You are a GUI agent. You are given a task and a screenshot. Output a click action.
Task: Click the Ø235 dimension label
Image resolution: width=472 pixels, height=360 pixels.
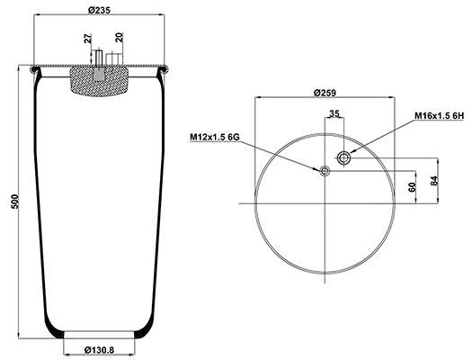click(99, 10)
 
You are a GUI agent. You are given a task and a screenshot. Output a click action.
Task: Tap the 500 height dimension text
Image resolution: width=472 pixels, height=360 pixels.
click(14, 202)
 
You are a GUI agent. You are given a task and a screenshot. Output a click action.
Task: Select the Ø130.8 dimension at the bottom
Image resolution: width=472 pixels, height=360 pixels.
click(99, 350)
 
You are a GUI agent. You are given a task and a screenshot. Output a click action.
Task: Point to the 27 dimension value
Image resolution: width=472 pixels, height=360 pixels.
click(88, 39)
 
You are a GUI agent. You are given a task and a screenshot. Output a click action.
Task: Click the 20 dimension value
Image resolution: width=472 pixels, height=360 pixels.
click(120, 38)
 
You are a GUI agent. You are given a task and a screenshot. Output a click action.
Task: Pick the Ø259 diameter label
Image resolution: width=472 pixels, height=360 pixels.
click(325, 93)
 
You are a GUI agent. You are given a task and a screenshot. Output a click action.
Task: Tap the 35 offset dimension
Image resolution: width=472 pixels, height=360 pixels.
click(334, 113)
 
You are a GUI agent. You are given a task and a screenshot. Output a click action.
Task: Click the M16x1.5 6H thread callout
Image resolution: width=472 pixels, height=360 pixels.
click(440, 116)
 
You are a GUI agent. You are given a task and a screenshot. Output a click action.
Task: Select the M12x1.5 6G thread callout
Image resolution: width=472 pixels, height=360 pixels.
click(215, 137)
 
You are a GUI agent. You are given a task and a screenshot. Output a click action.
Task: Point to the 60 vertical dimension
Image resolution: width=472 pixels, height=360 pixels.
click(412, 187)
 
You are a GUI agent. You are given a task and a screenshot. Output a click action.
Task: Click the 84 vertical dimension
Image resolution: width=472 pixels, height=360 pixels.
click(433, 180)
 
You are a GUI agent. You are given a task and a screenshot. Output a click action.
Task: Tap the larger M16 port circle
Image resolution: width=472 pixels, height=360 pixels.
click(343, 157)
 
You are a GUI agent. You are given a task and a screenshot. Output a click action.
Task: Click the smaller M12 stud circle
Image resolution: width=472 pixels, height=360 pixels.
click(325, 171)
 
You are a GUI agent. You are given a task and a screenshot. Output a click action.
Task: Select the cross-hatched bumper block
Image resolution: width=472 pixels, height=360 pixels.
click(99, 81)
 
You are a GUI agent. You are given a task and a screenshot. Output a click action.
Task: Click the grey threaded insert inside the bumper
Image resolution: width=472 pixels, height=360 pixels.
click(99, 74)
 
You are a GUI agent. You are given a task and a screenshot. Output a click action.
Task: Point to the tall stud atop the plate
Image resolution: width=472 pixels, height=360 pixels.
click(99, 58)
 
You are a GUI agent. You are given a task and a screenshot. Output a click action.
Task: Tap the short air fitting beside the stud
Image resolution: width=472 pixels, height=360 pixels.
click(114, 58)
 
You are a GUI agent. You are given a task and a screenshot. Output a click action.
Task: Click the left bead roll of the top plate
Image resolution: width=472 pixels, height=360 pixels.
click(35, 69)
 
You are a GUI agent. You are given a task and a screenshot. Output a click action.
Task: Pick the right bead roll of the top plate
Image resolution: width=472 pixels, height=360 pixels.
click(164, 69)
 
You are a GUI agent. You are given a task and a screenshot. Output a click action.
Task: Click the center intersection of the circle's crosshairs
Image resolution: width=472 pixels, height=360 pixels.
click(325, 203)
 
